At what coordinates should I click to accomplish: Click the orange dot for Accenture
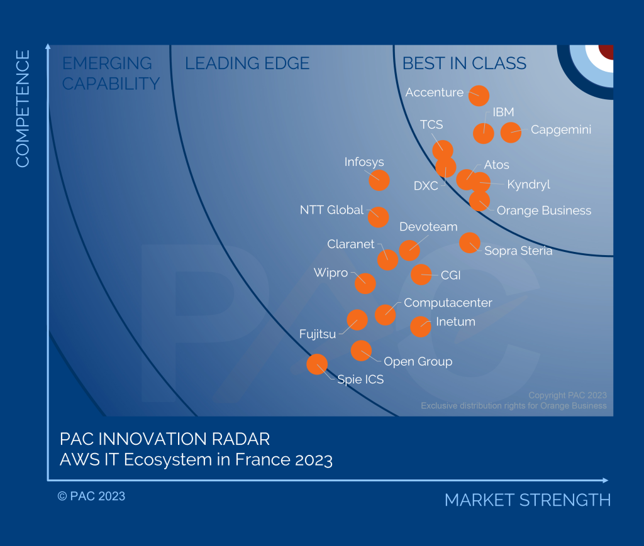coord(479,96)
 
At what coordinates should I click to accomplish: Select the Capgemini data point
coord(511,133)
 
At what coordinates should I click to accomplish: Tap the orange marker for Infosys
coord(379,180)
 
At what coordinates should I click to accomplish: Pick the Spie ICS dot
coord(317,364)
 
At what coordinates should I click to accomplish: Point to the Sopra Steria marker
coord(470,243)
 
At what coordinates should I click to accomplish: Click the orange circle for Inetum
coord(421,327)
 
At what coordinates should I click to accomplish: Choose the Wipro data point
coord(365,283)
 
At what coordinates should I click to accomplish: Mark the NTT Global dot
coord(378,217)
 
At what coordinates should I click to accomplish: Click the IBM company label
coord(503,112)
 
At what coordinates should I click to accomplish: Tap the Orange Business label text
coord(544,210)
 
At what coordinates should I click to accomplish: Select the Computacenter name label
coord(448,303)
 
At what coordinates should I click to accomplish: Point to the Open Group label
coord(418,361)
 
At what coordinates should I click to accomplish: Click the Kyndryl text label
coord(528,185)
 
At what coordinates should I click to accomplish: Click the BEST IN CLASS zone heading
coord(464,63)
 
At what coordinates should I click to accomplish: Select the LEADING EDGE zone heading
coord(247,63)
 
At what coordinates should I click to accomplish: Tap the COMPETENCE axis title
coord(23,109)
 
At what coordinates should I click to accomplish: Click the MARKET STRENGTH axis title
coord(528,500)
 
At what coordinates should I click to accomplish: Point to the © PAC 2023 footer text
coord(91,496)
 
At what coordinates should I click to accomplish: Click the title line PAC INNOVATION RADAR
coord(165,439)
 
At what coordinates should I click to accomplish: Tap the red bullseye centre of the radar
coord(607,52)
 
